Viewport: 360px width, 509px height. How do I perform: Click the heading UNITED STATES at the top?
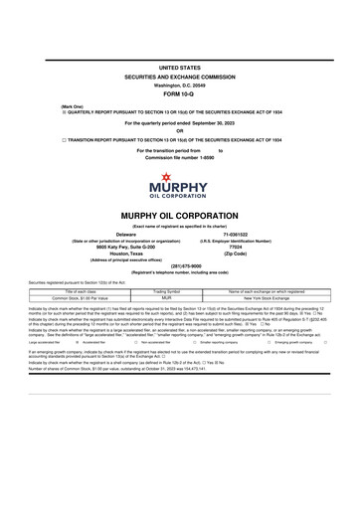[179, 67]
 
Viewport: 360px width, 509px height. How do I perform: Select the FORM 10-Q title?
[179, 93]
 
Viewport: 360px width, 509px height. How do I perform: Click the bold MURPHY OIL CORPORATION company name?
[179, 214]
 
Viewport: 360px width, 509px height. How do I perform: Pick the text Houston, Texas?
[126, 253]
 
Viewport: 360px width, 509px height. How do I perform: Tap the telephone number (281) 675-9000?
[179, 265]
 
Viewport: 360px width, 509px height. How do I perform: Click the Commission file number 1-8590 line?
[179, 157]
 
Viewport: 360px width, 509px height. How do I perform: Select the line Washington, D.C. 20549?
[179, 85]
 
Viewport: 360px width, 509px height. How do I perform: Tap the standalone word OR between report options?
[179, 130]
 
